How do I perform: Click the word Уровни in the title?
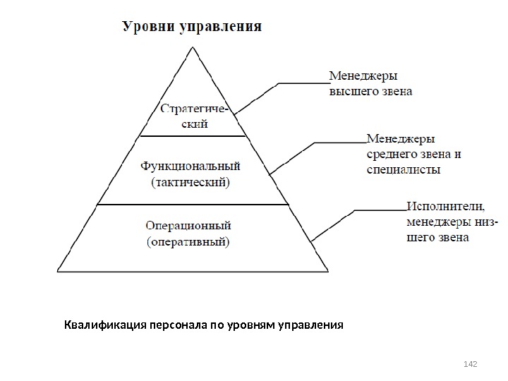point(145,28)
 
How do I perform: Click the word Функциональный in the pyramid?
point(190,167)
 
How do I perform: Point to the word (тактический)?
point(190,182)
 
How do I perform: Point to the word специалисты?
point(404,169)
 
